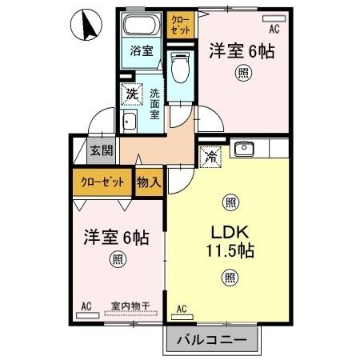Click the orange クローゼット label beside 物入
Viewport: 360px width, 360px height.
point(102,182)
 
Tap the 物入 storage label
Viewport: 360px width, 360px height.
point(149,182)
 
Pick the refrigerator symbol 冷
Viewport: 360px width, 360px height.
point(212,158)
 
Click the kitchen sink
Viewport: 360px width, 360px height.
point(244,149)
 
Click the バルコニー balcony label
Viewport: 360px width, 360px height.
point(213,339)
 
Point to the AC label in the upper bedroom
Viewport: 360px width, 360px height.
point(274,28)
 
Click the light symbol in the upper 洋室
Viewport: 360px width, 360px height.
point(241,74)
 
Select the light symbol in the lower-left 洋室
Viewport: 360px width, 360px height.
point(118,258)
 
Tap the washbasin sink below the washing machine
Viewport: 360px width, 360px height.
point(129,122)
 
